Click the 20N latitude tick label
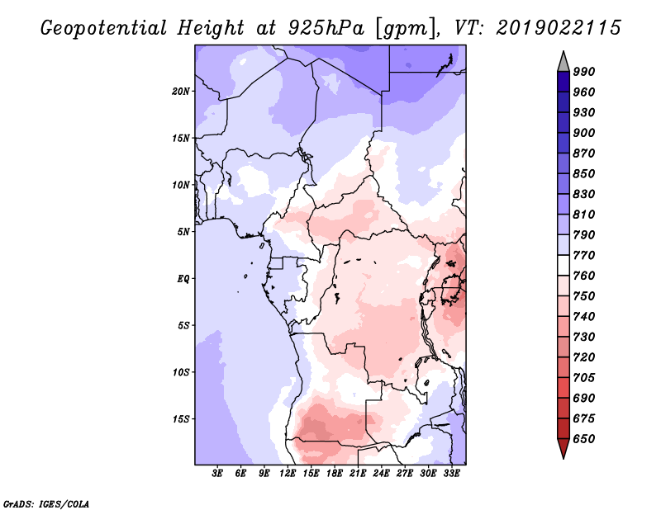181,91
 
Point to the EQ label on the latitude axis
183,278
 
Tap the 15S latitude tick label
181,418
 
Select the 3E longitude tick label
218,474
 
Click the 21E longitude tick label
358,474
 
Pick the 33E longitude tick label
451,474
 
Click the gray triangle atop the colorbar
563,62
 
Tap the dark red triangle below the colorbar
563,448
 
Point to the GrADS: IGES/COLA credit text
47,503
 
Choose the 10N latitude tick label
181,185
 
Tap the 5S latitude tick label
183,325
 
